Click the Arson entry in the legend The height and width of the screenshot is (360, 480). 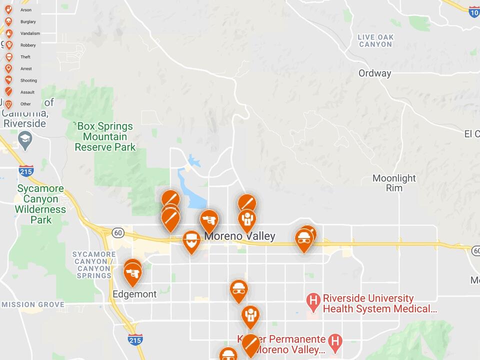25,10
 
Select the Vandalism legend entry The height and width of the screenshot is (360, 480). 29,33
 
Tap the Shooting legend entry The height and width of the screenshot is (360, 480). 28,80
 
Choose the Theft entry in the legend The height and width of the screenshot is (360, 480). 25,57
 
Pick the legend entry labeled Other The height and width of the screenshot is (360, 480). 25,104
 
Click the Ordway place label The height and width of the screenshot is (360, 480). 374,73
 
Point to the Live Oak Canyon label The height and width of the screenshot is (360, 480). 375,40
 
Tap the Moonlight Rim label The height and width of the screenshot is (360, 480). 394,183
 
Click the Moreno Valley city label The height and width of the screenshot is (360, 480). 239,236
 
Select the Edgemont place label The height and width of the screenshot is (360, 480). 134,294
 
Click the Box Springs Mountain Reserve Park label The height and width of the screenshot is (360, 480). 105,136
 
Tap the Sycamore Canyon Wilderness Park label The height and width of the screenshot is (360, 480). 40,204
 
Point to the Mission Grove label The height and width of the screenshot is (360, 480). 32,304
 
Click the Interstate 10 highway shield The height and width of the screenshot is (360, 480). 474,12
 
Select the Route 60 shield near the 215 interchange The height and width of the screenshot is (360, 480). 118,232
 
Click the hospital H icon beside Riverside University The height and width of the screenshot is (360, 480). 313,300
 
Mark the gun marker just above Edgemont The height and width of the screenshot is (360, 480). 132,273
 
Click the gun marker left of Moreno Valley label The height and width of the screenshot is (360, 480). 209,220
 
